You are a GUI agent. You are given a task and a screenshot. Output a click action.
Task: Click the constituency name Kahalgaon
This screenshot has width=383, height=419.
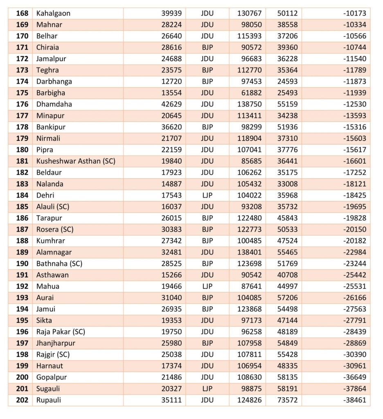(x=53, y=13)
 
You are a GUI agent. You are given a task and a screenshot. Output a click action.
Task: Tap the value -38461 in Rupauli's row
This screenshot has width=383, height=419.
(x=355, y=400)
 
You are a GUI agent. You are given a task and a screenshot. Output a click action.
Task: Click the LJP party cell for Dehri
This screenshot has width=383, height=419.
(x=207, y=195)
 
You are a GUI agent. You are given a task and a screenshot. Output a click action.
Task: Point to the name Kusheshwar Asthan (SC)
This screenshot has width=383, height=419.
(x=76, y=161)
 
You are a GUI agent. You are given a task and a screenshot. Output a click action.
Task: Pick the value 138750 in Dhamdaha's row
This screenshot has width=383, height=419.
(x=249, y=104)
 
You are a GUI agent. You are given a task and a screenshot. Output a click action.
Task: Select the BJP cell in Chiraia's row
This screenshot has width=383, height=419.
(x=207, y=47)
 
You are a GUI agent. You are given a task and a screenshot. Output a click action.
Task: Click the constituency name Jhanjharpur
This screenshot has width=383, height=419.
(x=56, y=343)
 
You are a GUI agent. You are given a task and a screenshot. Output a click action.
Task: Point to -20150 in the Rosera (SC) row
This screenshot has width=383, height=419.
(x=355, y=229)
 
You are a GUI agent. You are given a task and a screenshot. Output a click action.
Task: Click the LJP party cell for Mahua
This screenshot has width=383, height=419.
(x=207, y=286)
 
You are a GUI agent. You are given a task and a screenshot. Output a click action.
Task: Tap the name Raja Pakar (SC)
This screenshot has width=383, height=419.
(x=61, y=331)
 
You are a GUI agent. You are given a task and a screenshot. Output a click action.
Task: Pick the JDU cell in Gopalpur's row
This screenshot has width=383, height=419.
(x=207, y=377)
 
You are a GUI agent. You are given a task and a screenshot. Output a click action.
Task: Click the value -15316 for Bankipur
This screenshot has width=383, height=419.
(x=355, y=127)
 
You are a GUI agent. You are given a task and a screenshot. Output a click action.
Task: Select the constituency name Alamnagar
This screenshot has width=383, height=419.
(x=54, y=252)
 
